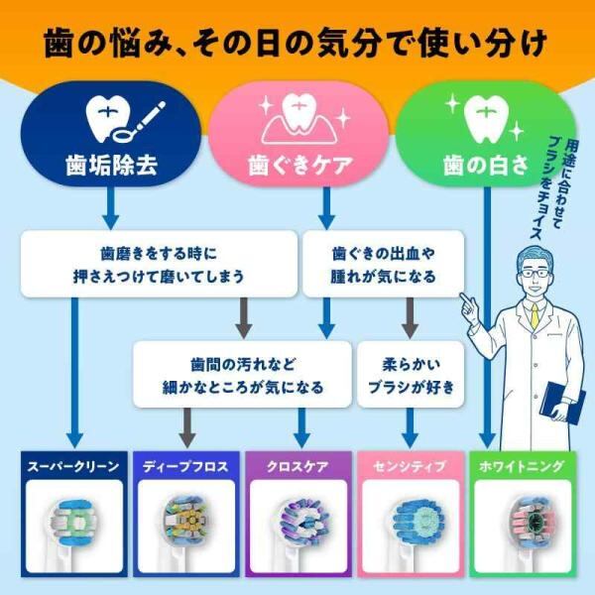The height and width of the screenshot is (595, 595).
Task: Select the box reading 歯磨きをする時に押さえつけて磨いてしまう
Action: point(159,265)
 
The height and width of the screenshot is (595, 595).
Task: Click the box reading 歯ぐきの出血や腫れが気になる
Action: point(383,265)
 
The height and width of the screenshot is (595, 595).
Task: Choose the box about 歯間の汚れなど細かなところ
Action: point(243,375)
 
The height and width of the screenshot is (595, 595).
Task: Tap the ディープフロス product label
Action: point(184,465)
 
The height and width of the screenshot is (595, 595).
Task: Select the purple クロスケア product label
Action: point(297,465)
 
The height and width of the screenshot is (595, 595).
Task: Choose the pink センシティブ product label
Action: point(409,465)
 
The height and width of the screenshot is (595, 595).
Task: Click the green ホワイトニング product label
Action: point(521,465)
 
